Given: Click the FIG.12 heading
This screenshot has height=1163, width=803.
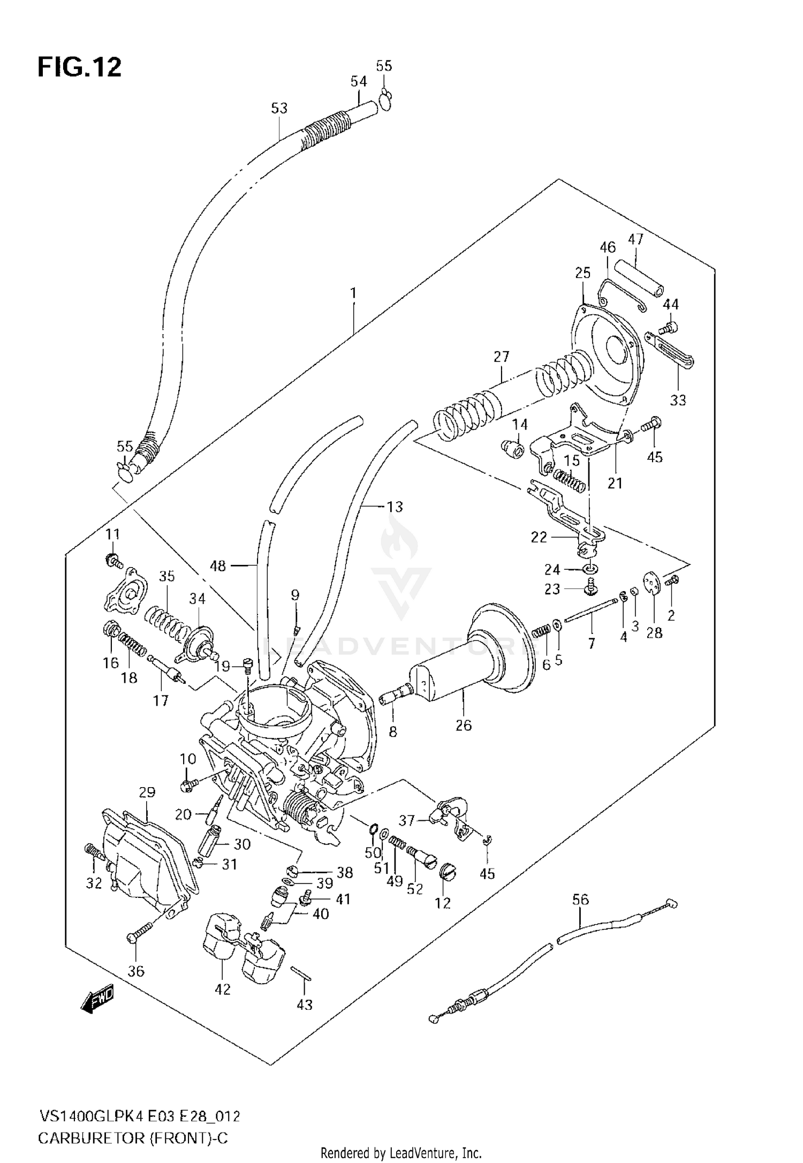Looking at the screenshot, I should [x=79, y=67].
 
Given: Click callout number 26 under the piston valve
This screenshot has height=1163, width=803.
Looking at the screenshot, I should [x=464, y=725].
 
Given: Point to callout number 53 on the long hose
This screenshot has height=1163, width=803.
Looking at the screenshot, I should [x=279, y=108].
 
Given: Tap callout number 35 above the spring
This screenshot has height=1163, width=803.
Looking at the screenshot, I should [x=166, y=576].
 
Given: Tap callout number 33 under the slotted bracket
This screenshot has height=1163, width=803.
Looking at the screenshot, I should [x=678, y=400].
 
